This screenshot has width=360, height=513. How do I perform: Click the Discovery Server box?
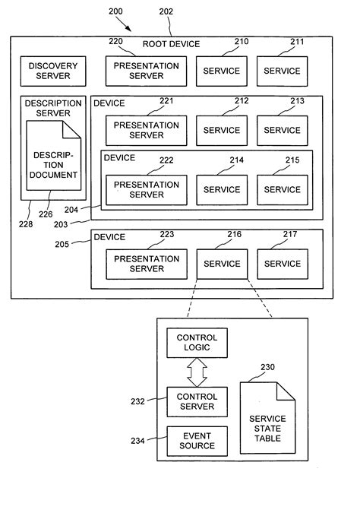pyautogui.click(x=53, y=71)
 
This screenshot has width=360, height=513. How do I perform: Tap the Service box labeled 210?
pyautogui.click(x=222, y=71)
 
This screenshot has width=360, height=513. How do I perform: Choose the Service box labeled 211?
pyautogui.click(x=282, y=71)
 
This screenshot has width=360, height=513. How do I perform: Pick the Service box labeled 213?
pyautogui.click(x=282, y=130)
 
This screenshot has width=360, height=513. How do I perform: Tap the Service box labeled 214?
pyautogui.click(x=222, y=189)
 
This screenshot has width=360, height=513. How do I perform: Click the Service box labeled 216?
pyautogui.click(x=222, y=264)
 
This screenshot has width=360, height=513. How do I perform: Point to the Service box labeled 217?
pyautogui.click(x=282, y=264)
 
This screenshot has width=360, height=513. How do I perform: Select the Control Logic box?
pyautogui.click(x=197, y=343)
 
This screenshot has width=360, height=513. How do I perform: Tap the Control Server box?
pyautogui.click(x=197, y=401)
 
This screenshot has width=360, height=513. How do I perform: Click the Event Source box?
pyautogui.click(x=197, y=441)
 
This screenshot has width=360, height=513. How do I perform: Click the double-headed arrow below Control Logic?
pyautogui.click(x=197, y=372)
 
